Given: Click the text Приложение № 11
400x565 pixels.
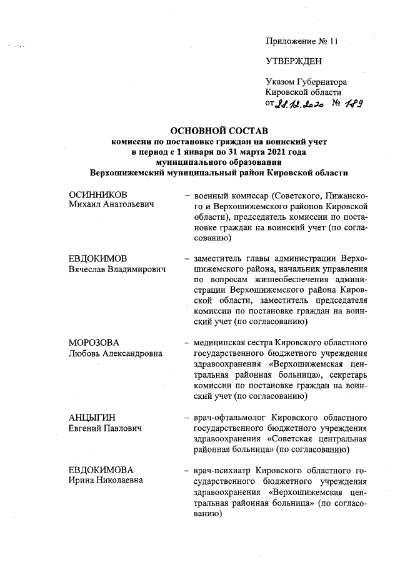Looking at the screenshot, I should [301, 42].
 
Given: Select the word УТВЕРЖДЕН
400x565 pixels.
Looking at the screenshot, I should [294, 61].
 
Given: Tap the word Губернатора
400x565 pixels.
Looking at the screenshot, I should [324, 82].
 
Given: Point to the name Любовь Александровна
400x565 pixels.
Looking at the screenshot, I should [116, 353].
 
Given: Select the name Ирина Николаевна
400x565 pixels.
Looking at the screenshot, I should [106, 479].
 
